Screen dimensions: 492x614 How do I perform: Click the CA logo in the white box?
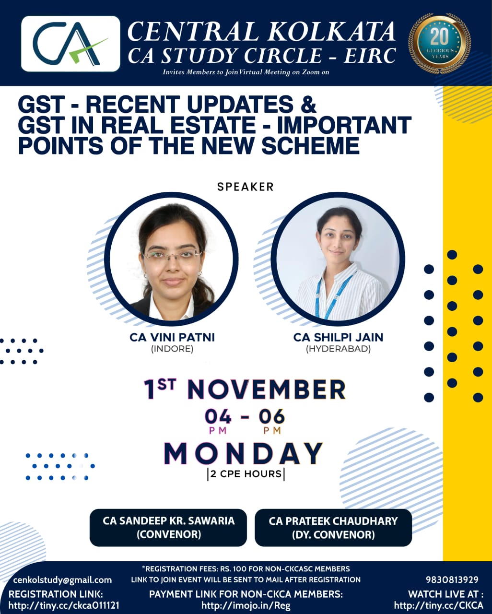70,43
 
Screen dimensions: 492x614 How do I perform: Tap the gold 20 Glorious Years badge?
439,43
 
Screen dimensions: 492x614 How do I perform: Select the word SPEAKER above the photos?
246,187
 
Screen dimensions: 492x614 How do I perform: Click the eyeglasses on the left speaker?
172,254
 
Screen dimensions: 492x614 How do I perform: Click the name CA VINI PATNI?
172,337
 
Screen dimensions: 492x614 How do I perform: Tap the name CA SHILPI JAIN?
338,337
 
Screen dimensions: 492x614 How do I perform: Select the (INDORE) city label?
172,349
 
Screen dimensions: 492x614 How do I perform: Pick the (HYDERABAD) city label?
338,349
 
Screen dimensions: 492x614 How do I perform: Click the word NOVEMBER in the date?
267,390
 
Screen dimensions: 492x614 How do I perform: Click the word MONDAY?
244,454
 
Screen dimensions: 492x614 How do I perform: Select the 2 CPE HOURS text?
246,474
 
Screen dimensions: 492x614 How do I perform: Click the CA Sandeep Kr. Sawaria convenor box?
168,528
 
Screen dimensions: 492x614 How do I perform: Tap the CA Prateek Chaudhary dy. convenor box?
333,528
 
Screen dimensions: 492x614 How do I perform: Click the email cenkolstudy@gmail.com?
62,580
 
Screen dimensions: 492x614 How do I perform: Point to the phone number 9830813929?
452,580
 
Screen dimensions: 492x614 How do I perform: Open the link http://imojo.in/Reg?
246,605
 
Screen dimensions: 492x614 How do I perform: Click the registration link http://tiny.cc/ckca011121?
64,605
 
